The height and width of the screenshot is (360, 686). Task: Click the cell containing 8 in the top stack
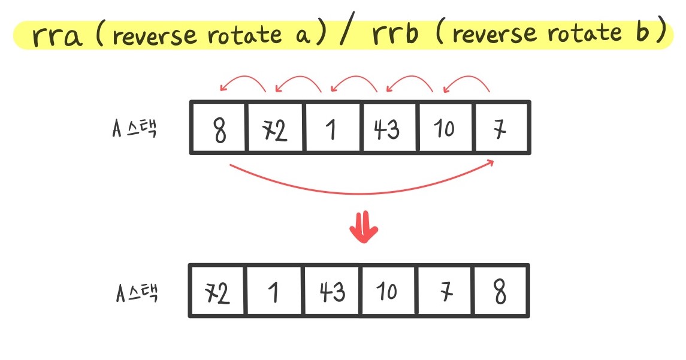(219, 128)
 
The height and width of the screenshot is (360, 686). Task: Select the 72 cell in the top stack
(274, 128)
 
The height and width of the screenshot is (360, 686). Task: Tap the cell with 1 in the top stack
(331, 128)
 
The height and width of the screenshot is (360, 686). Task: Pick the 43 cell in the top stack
(388, 128)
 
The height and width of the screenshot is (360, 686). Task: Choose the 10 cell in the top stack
(445, 128)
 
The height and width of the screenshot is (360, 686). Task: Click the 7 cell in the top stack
(501, 128)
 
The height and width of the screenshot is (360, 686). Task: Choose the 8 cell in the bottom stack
(501, 292)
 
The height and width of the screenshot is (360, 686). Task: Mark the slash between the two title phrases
(346, 35)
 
